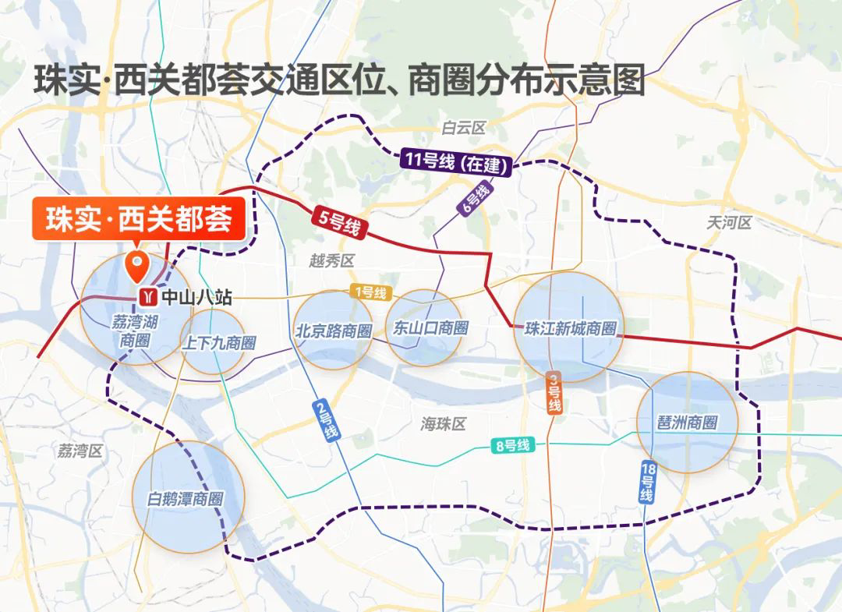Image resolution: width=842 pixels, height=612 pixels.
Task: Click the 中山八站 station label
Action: point(196,297)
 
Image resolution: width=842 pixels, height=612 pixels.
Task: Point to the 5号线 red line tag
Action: point(340,221)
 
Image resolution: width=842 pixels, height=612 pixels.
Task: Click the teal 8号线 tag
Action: point(512,446)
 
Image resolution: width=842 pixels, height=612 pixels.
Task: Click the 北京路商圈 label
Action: point(333,331)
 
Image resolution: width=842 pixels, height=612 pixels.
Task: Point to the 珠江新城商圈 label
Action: point(571,329)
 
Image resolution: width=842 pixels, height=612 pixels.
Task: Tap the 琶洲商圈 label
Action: point(687,423)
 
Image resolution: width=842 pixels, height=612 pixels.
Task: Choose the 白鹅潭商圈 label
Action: point(186,499)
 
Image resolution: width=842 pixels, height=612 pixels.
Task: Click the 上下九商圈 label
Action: point(219,343)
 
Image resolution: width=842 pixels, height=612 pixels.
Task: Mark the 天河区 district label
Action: point(728,223)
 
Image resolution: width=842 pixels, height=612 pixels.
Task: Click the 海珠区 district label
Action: point(443,424)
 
